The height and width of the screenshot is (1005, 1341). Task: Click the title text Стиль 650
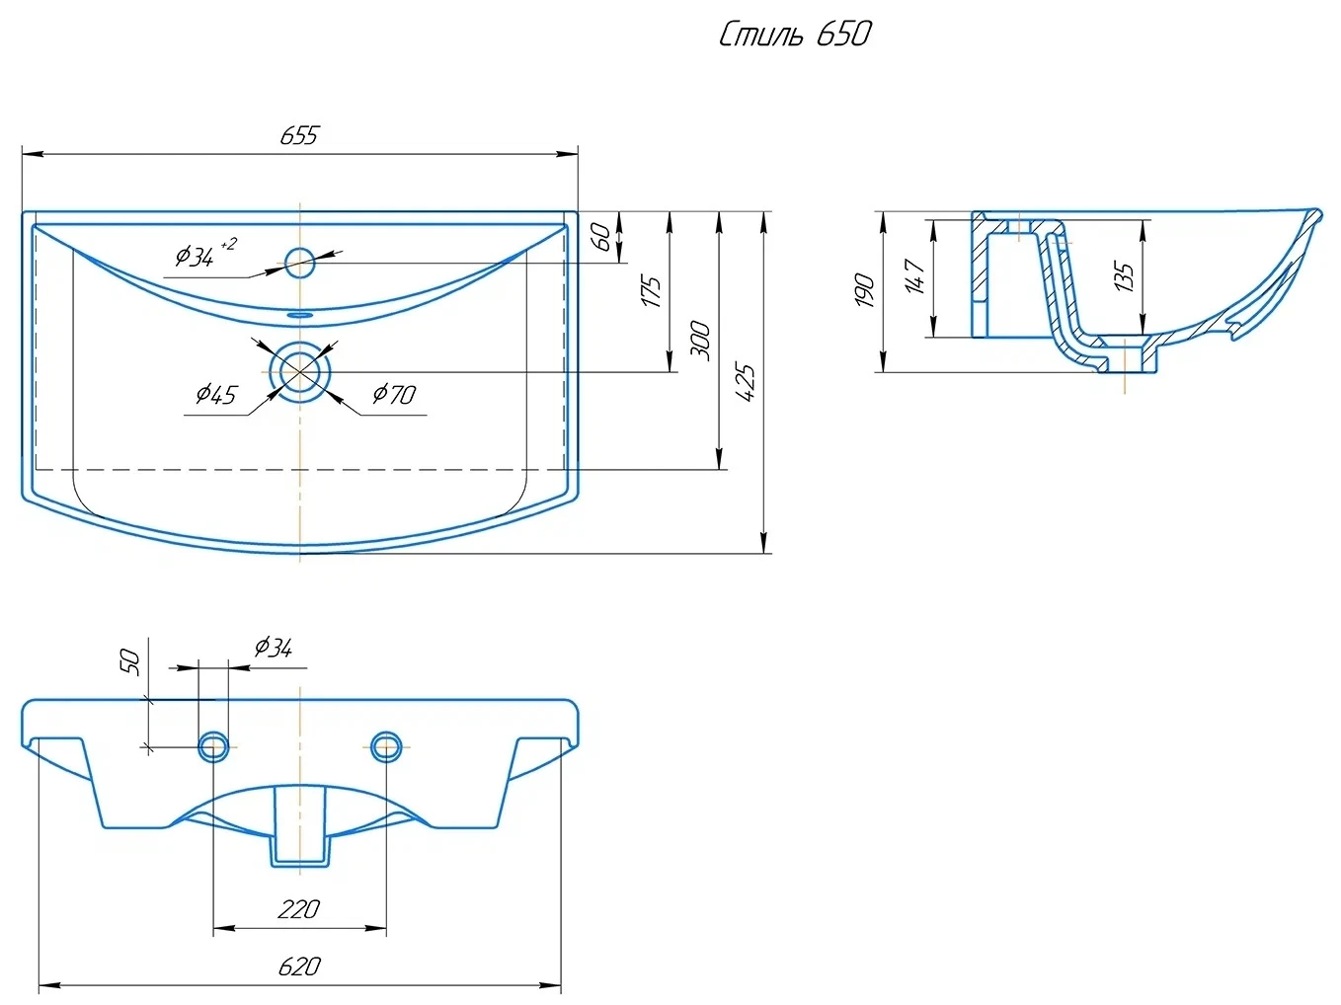(795, 35)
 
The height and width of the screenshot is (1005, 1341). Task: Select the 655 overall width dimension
(298, 136)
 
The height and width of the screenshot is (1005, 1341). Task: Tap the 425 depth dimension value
(747, 382)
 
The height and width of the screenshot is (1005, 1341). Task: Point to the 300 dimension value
(700, 340)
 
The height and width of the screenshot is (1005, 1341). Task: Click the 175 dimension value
(652, 292)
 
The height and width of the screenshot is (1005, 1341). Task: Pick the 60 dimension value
(601, 236)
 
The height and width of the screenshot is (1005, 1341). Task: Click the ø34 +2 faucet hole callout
(202, 254)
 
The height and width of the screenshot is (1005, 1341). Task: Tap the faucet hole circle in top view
(299, 262)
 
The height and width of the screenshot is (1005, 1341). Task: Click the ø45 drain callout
(216, 395)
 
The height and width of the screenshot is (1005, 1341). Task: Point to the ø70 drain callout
(394, 395)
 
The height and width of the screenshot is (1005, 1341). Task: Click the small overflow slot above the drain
(299, 314)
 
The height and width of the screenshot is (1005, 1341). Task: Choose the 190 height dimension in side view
(865, 290)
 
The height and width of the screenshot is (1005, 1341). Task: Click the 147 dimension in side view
(914, 276)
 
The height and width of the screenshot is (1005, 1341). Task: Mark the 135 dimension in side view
(1124, 275)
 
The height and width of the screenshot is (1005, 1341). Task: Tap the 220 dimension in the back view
(298, 908)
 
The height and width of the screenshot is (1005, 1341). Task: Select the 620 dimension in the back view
(298, 966)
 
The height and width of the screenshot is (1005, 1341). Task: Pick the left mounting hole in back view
(213, 746)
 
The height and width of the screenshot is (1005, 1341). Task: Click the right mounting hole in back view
(386, 746)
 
